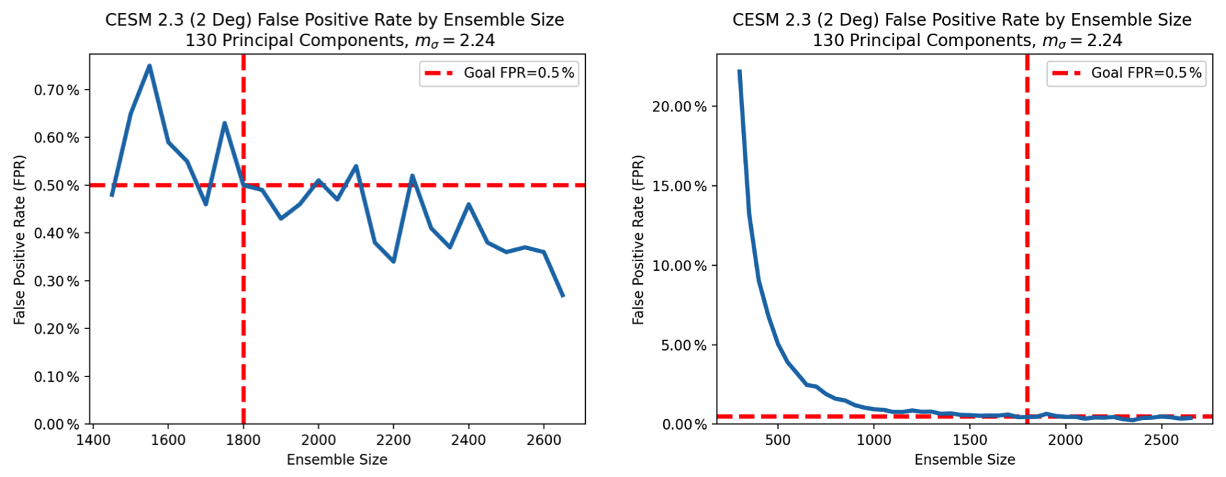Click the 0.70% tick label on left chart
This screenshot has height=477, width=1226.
coord(56,90)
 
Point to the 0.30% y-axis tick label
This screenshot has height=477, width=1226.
coord(56,281)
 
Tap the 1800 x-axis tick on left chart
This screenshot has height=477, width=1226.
coord(243,440)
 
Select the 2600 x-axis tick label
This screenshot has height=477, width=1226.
coord(543,440)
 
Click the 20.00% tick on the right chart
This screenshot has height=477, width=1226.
coord(679,107)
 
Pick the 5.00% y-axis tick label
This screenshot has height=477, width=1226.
coord(683,345)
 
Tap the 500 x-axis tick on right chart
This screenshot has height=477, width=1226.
coord(778,440)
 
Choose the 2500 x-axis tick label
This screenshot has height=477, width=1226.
coord(1161,440)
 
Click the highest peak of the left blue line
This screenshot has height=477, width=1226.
coord(149,65)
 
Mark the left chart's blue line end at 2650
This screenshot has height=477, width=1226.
coord(563,296)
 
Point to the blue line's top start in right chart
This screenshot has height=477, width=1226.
coord(739,71)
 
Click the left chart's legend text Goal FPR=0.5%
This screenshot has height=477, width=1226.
coord(518,73)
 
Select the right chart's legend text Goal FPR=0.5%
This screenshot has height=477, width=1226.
coord(1146,73)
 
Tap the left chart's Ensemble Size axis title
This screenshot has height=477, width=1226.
coord(337,460)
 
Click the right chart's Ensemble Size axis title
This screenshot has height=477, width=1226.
coord(964,460)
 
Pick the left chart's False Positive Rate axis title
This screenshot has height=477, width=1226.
coord(19,240)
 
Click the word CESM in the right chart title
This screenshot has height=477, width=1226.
coord(756,20)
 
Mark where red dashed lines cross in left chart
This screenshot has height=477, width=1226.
coord(244,185)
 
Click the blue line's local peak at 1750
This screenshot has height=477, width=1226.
coord(224,123)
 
